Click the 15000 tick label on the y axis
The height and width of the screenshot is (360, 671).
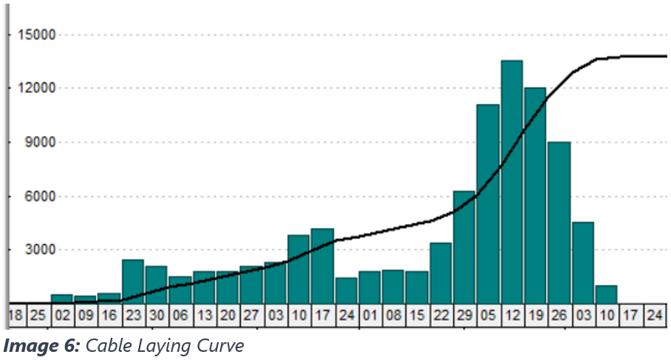(36, 35)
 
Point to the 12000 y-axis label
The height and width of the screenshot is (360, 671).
(36, 89)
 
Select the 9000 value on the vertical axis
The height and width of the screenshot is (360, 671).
(40, 143)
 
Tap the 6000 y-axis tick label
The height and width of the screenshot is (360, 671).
(40, 197)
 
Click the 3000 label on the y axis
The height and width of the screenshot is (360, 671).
(40, 250)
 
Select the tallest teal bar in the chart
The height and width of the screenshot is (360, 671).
(511, 181)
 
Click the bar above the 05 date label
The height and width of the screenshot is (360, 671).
(488, 203)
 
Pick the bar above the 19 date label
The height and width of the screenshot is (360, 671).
(535, 195)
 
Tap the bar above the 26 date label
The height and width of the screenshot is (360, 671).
(559, 222)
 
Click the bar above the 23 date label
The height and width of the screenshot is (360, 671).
(133, 281)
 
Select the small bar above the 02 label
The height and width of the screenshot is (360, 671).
(62, 298)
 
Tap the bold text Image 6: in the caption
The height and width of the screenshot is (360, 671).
(41, 344)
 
